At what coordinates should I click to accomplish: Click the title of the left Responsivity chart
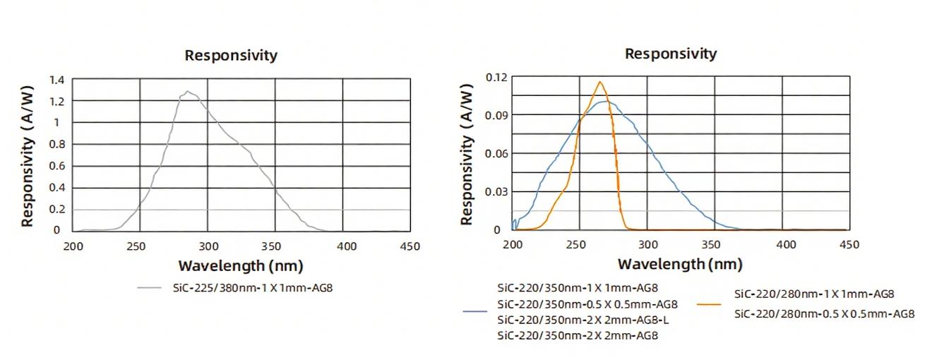click(x=231, y=55)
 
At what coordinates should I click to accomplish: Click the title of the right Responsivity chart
click(x=670, y=54)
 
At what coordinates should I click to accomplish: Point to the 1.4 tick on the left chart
click(x=56, y=80)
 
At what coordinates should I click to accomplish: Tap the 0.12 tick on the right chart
click(x=496, y=76)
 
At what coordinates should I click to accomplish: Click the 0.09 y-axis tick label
click(x=496, y=114)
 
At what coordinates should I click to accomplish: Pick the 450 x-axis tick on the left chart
click(x=410, y=246)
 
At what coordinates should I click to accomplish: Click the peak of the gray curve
click(x=188, y=91)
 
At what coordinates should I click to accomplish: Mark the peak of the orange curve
click(x=600, y=82)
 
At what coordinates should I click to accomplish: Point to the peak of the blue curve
click(x=607, y=102)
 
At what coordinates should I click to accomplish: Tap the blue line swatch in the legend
click(x=475, y=311)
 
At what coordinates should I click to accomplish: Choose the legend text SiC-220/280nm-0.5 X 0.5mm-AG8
click(x=824, y=313)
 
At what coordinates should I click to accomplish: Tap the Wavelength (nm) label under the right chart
click(x=680, y=264)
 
